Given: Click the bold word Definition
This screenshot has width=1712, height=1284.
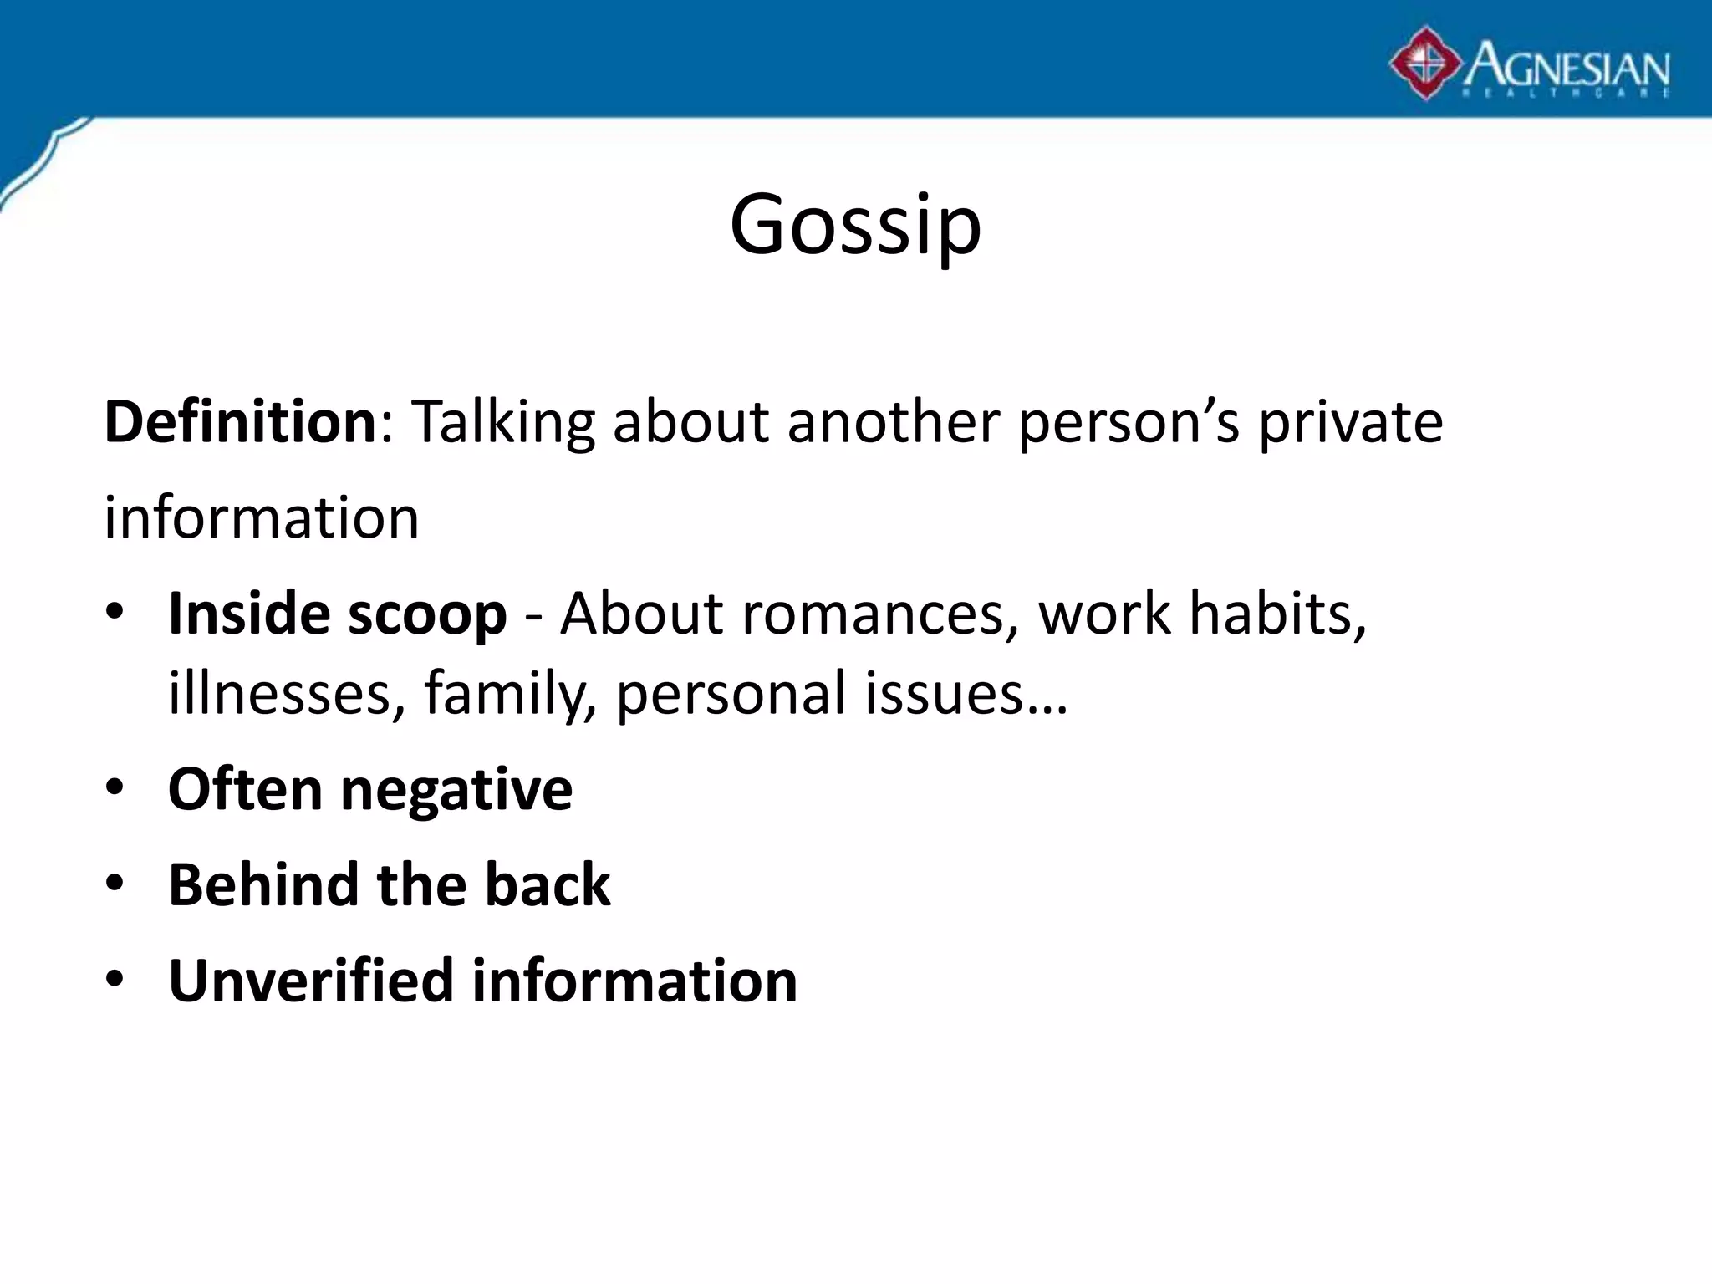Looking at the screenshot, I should pos(241,422).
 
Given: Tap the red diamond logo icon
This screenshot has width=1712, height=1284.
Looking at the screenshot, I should pos(1425,64).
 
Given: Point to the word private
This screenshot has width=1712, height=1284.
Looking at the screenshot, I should pos(1351,422).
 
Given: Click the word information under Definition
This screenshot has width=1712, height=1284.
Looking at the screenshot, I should pos(262,517).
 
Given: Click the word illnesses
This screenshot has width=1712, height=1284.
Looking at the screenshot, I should pos(281,694).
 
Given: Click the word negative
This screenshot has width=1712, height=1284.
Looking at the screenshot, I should pos(456,790).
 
